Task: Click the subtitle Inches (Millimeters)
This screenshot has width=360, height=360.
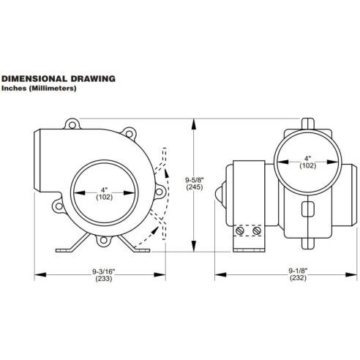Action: (x=40, y=88)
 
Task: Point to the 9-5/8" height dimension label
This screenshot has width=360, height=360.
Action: (x=194, y=178)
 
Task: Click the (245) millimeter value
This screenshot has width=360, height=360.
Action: (x=194, y=187)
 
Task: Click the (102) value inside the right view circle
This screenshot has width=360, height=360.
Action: (x=307, y=166)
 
